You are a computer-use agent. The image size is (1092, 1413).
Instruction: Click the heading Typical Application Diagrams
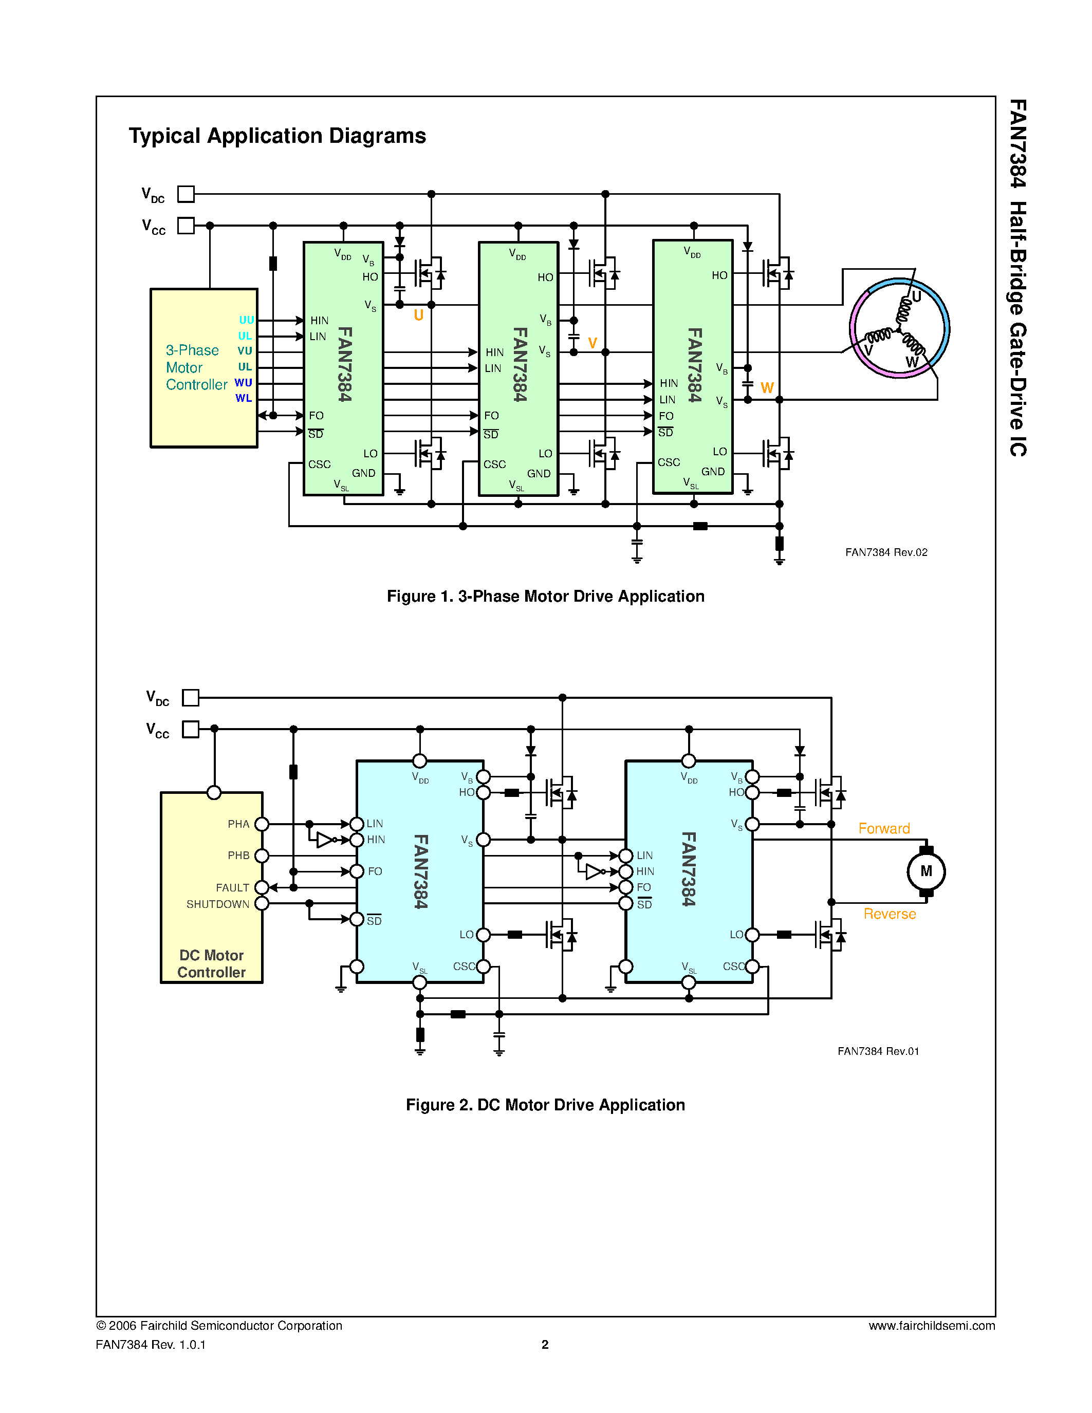(x=277, y=136)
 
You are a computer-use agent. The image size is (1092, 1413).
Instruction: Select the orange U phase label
(x=418, y=315)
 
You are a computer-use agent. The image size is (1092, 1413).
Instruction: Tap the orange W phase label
(x=767, y=387)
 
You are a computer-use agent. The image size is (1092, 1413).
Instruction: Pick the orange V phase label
(x=592, y=343)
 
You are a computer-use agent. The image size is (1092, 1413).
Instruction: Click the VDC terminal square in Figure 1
(x=186, y=193)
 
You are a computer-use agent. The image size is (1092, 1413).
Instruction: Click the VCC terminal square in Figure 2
(x=190, y=729)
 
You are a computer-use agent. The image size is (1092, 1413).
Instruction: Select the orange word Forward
(x=884, y=828)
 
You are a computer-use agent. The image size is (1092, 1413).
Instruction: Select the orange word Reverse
(x=890, y=914)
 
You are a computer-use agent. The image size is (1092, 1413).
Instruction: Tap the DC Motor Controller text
(x=212, y=963)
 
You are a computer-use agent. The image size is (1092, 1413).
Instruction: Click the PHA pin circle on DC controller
(x=262, y=824)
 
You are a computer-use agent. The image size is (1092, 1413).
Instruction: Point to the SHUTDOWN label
(x=217, y=904)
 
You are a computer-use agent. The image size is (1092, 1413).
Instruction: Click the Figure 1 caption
(x=545, y=596)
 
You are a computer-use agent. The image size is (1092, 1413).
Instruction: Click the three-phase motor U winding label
(x=916, y=297)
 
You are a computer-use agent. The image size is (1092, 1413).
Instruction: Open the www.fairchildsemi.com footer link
(x=931, y=1326)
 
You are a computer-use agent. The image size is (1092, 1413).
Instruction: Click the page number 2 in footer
(x=545, y=1345)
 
